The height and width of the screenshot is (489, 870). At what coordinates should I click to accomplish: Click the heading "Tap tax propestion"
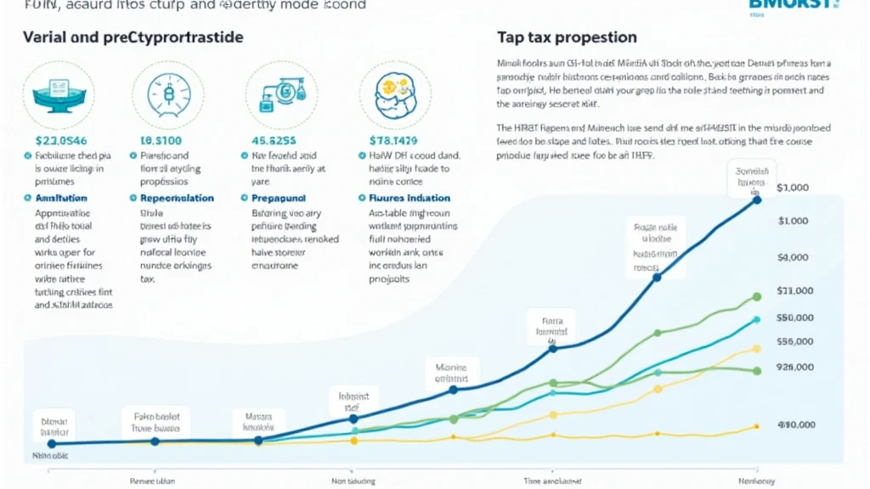click(x=567, y=37)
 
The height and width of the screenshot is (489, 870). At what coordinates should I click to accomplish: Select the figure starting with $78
click(x=393, y=141)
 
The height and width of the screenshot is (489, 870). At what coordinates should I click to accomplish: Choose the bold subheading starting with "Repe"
click(x=171, y=198)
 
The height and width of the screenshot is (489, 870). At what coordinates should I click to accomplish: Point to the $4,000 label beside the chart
click(x=796, y=257)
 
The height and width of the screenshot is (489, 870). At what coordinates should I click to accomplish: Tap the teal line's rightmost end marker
click(x=756, y=320)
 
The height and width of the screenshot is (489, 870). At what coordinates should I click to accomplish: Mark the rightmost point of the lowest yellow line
click(x=756, y=427)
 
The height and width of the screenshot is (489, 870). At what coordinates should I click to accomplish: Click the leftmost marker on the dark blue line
click(x=52, y=443)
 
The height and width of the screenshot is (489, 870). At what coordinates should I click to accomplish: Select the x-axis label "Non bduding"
click(x=353, y=481)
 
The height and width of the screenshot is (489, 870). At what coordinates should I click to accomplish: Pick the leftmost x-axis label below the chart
click(x=152, y=481)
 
